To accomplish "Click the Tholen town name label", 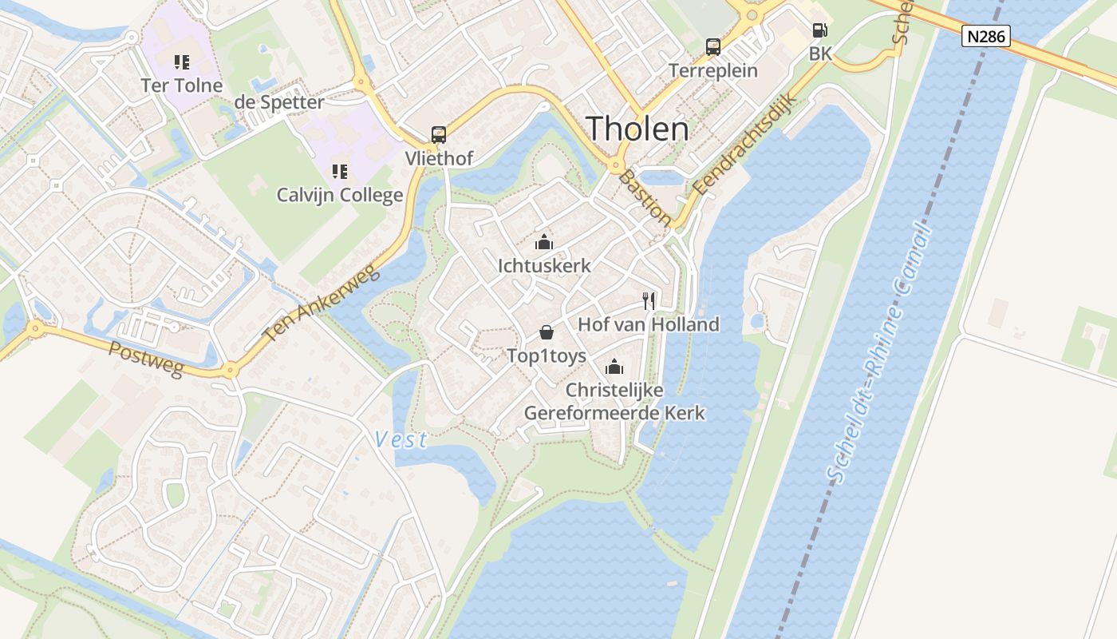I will (637, 129).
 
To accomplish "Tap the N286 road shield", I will (986, 36).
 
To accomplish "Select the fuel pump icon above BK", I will (819, 31).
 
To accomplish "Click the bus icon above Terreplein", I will (713, 47).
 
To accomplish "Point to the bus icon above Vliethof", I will (438, 135).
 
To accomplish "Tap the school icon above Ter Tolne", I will (181, 62).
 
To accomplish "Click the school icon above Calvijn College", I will (340, 171).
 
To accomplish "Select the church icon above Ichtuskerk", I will (544, 242).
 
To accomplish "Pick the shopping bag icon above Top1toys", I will (547, 332).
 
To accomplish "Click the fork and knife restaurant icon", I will (649, 301).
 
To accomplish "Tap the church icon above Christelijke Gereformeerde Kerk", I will (614, 367).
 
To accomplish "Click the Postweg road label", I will (146, 359).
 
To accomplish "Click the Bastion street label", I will (645, 197).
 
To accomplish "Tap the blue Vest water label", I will (401, 439).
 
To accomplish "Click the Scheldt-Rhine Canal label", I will (882, 355).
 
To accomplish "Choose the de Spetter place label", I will (279, 102).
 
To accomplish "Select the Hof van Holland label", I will (649, 324).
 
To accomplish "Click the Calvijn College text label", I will (340, 195).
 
